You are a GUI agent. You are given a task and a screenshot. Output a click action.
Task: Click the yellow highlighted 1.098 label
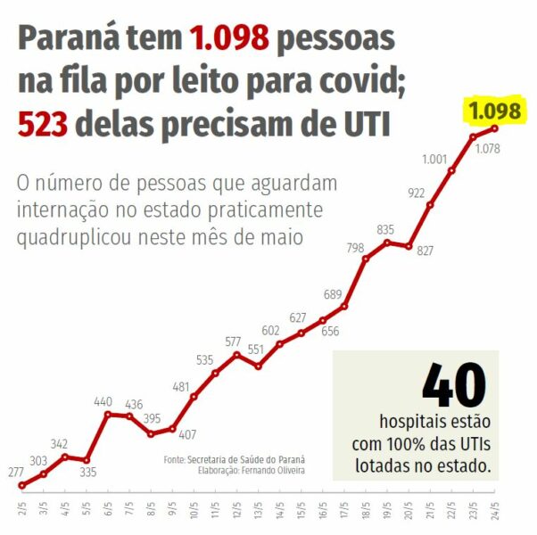(x=494, y=111)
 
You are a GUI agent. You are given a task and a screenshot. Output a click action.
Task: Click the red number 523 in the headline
(x=43, y=124)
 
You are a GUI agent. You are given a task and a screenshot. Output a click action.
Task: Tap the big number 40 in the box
(x=454, y=385)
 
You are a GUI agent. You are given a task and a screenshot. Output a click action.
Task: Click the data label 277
(x=15, y=471)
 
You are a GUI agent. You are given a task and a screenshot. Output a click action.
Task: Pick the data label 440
(x=103, y=402)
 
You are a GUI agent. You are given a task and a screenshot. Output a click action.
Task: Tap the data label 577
(x=233, y=341)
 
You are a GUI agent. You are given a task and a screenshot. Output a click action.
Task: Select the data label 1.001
(x=434, y=159)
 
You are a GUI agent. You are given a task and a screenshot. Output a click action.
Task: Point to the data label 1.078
(x=487, y=148)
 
